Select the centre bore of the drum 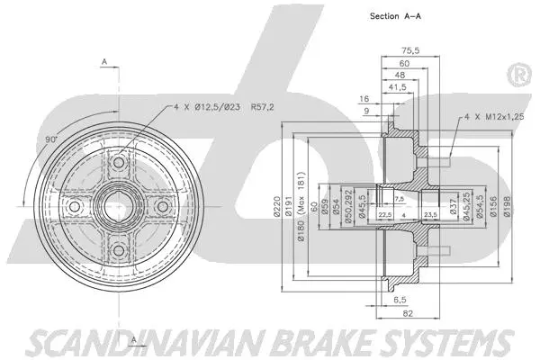tap(116, 208)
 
